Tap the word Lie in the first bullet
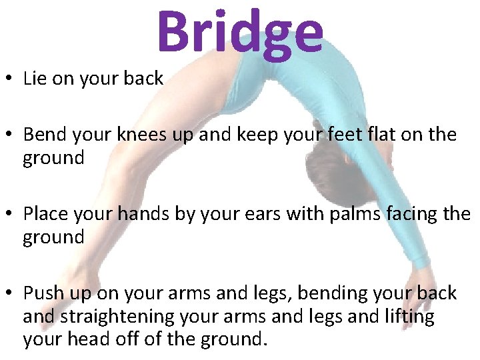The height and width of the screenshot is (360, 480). click(x=34, y=79)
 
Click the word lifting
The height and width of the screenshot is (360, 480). click(x=406, y=317)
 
